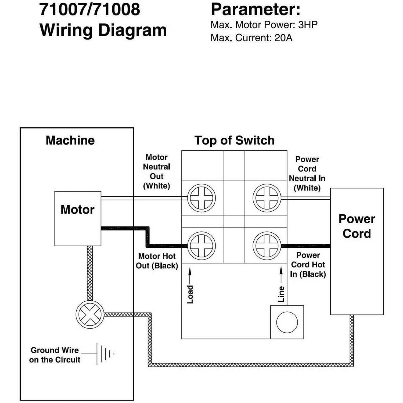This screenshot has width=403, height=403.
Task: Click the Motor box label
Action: (77, 210)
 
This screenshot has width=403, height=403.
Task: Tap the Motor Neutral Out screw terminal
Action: (201, 198)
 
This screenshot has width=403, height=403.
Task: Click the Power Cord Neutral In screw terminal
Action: (267, 198)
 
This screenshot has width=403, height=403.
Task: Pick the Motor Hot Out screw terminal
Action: (201, 246)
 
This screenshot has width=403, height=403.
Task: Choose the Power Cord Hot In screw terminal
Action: (267, 246)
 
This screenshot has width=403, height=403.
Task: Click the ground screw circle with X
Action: (90, 314)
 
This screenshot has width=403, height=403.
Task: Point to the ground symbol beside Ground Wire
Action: (105, 354)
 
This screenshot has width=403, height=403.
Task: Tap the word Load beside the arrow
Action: (190, 294)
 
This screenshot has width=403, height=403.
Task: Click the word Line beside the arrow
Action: (281, 294)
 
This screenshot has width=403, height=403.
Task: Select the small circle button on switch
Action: (287, 322)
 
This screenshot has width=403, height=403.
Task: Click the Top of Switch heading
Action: (234, 141)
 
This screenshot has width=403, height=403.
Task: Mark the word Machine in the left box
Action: (70, 141)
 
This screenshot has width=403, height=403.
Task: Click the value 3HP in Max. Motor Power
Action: (308, 25)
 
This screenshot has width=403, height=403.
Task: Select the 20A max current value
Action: (283, 38)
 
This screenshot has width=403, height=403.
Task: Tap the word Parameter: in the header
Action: (255, 9)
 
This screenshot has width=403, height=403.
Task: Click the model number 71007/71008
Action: (89, 9)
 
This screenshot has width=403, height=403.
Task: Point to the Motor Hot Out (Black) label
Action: (157, 261)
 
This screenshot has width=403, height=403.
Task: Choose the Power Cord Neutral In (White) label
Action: (307, 174)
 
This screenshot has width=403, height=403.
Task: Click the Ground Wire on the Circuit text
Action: (55, 355)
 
